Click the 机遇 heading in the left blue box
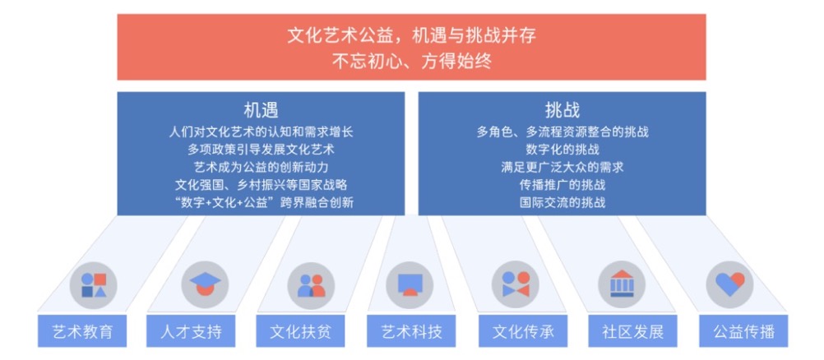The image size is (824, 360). [261, 110]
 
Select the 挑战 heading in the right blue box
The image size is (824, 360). [562, 110]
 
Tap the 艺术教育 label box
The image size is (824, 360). [82, 331]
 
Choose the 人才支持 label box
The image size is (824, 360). [191, 331]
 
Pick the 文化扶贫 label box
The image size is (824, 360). [301, 331]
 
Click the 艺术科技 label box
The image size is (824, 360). [411, 331]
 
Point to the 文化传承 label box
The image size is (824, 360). [523, 331]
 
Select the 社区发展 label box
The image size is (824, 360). [632, 331]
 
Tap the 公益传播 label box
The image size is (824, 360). [743, 331]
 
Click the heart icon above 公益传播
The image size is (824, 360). [729, 284]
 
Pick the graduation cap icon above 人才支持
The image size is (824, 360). [205, 284]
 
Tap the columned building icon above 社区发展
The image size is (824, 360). [622, 284]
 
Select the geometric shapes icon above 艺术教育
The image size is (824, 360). [94, 285]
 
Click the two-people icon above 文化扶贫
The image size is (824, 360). [311, 285]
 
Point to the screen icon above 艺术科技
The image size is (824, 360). [410, 284]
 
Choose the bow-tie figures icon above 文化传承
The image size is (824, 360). [516, 284]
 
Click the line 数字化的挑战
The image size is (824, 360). [562, 150]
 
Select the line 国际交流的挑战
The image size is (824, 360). [562, 202]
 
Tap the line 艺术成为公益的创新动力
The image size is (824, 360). [261, 167]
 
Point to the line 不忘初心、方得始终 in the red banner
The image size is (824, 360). [411, 62]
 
